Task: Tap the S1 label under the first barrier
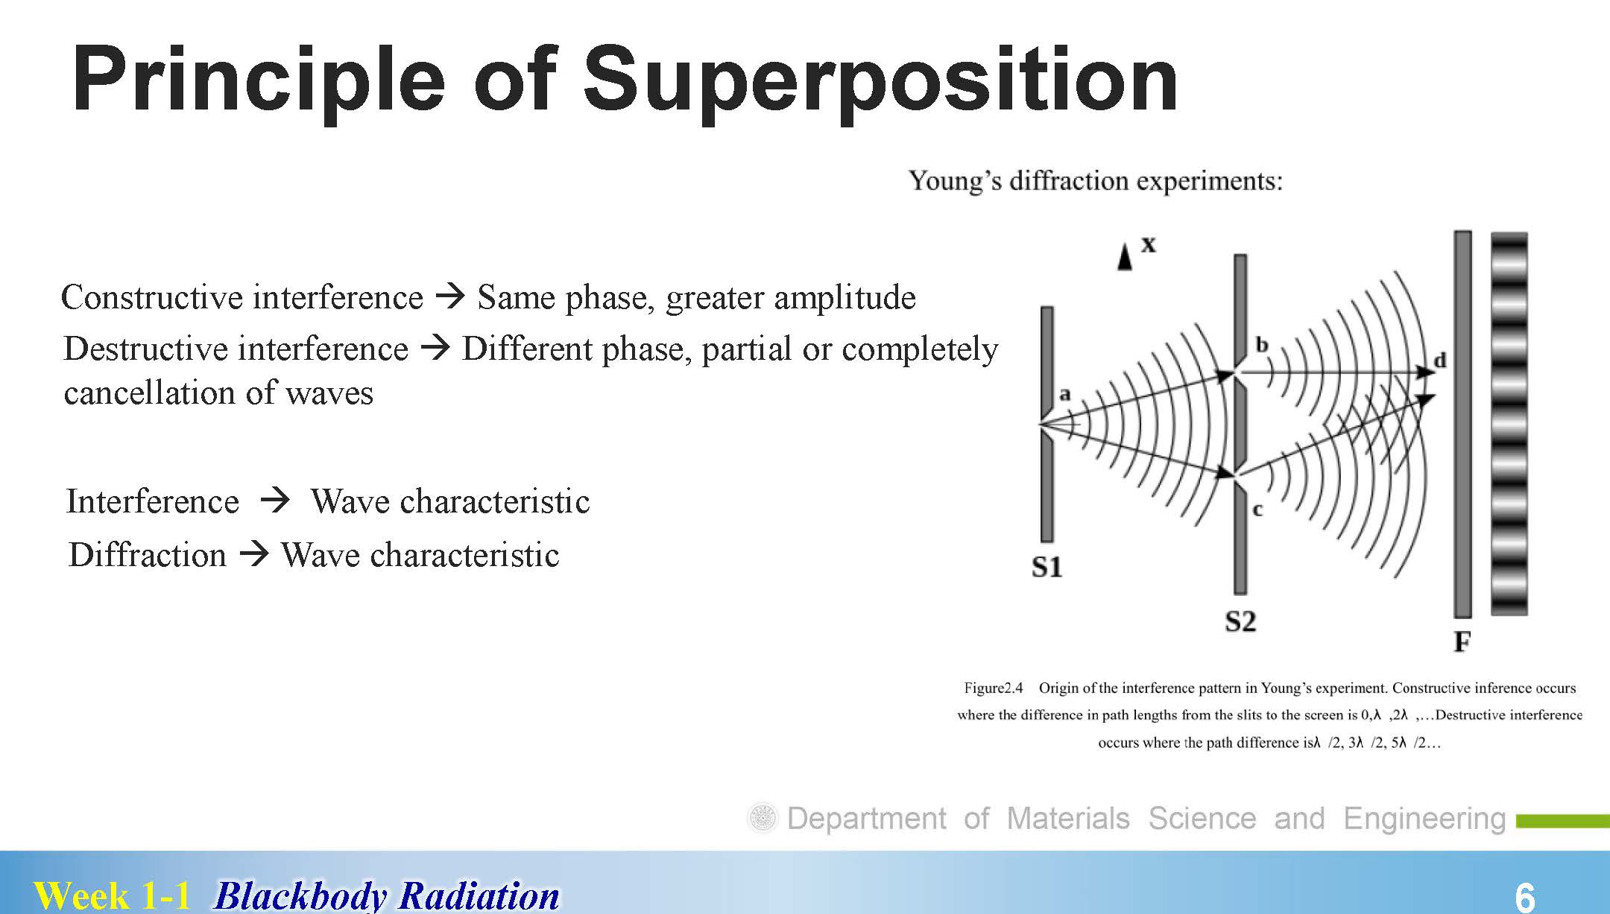tap(1047, 568)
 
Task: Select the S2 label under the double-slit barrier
tap(1241, 621)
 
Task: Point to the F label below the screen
tap(1462, 641)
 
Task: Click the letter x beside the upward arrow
tap(1149, 244)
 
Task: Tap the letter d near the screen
tap(1440, 360)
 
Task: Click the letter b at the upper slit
tap(1262, 344)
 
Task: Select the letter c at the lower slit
tap(1258, 510)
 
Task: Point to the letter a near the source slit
tap(1064, 393)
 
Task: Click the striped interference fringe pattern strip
tap(1509, 424)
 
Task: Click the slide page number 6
tap(1525, 897)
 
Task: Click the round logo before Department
tap(763, 818)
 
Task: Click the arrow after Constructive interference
tap(450, 296)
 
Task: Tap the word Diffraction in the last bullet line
tap(148, 555)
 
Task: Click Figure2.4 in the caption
tap(994, 688)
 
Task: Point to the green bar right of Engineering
tap(1563, 822)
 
